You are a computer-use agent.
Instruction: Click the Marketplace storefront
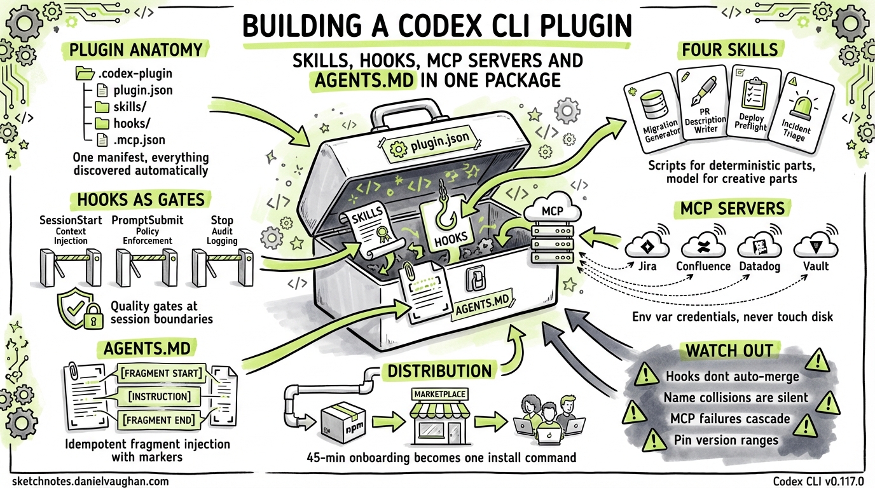[440, 416]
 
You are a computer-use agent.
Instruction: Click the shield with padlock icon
[79, 310]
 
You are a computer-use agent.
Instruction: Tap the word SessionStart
[71, 220]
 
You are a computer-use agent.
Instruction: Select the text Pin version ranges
[726, 439]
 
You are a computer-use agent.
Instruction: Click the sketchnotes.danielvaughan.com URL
[90, 481]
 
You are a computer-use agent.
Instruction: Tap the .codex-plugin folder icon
[85, 73]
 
